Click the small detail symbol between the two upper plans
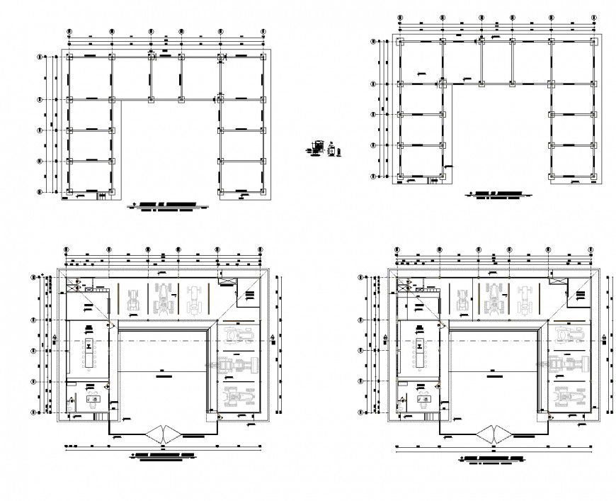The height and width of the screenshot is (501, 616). point(322,149)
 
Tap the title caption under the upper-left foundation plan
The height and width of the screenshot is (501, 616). point(166,206)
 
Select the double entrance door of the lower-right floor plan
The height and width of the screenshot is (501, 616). point(494,434)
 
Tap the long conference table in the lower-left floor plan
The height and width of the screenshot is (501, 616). point(89,352)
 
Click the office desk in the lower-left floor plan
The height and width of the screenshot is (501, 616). point(92,399)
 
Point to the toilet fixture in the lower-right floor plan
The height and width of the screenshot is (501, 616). point(404,401)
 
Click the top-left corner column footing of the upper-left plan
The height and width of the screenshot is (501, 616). point(69,56)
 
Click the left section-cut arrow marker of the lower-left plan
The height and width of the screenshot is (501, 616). point(56,340)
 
